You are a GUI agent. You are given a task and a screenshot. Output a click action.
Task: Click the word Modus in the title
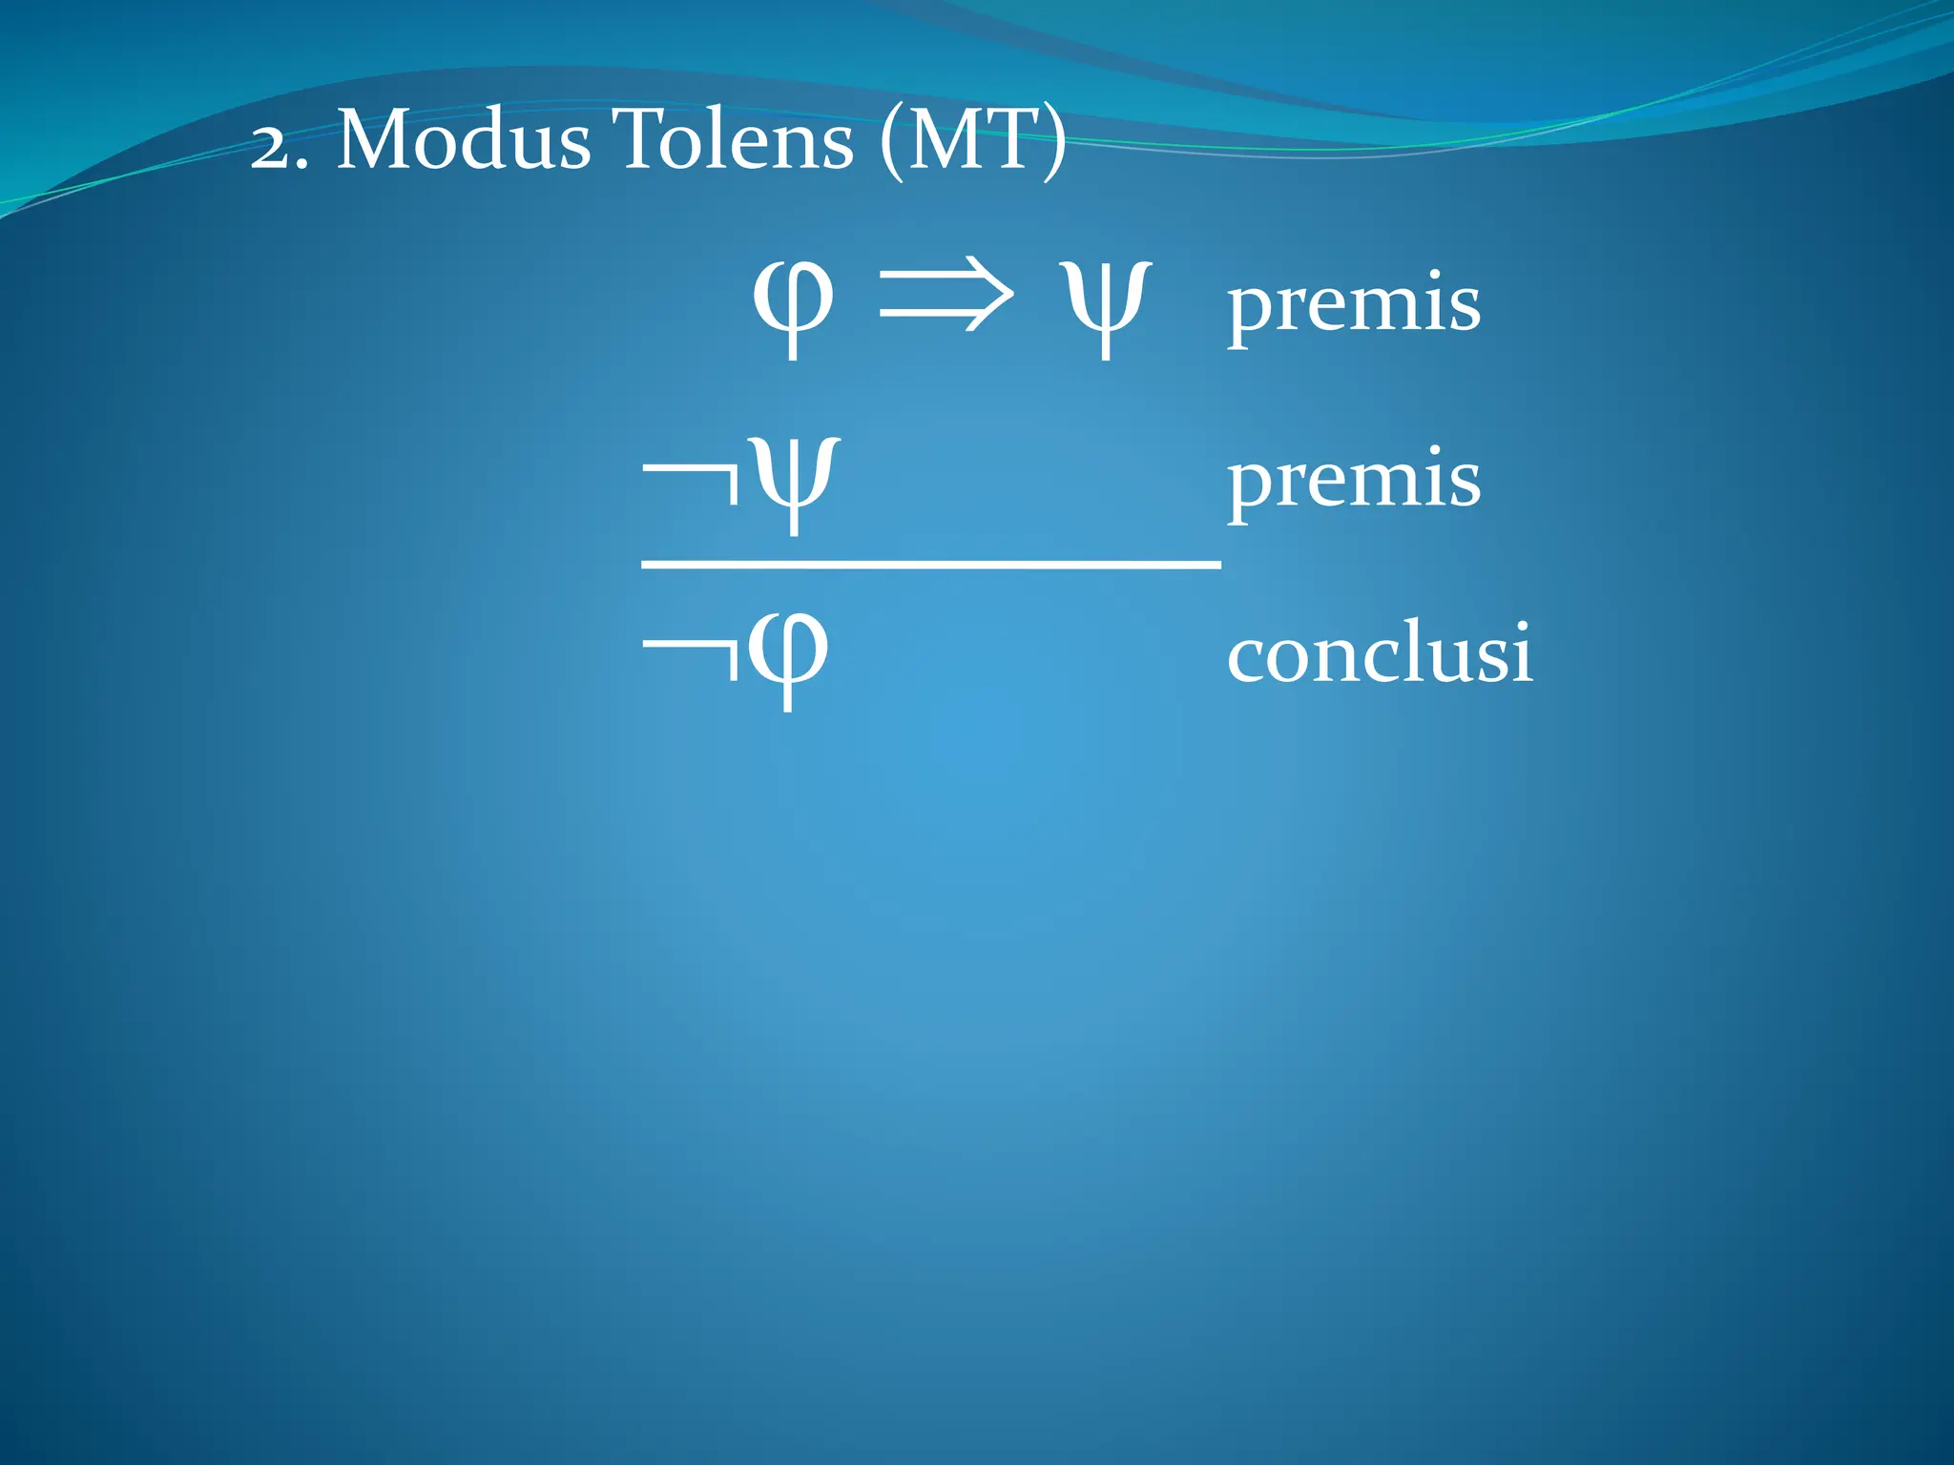click(464, 140)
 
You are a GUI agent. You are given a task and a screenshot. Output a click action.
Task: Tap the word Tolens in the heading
click(733, 140)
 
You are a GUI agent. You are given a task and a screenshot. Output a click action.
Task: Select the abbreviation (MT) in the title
click(972, 142)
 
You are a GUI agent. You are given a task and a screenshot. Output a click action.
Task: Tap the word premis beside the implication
click(1354, 303)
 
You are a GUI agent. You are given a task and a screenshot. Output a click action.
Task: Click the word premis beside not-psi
click(1354, 480)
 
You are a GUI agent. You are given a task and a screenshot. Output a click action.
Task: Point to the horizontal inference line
click(931, 566)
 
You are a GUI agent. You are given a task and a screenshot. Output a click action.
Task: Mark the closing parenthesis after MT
click(1052, 143)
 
